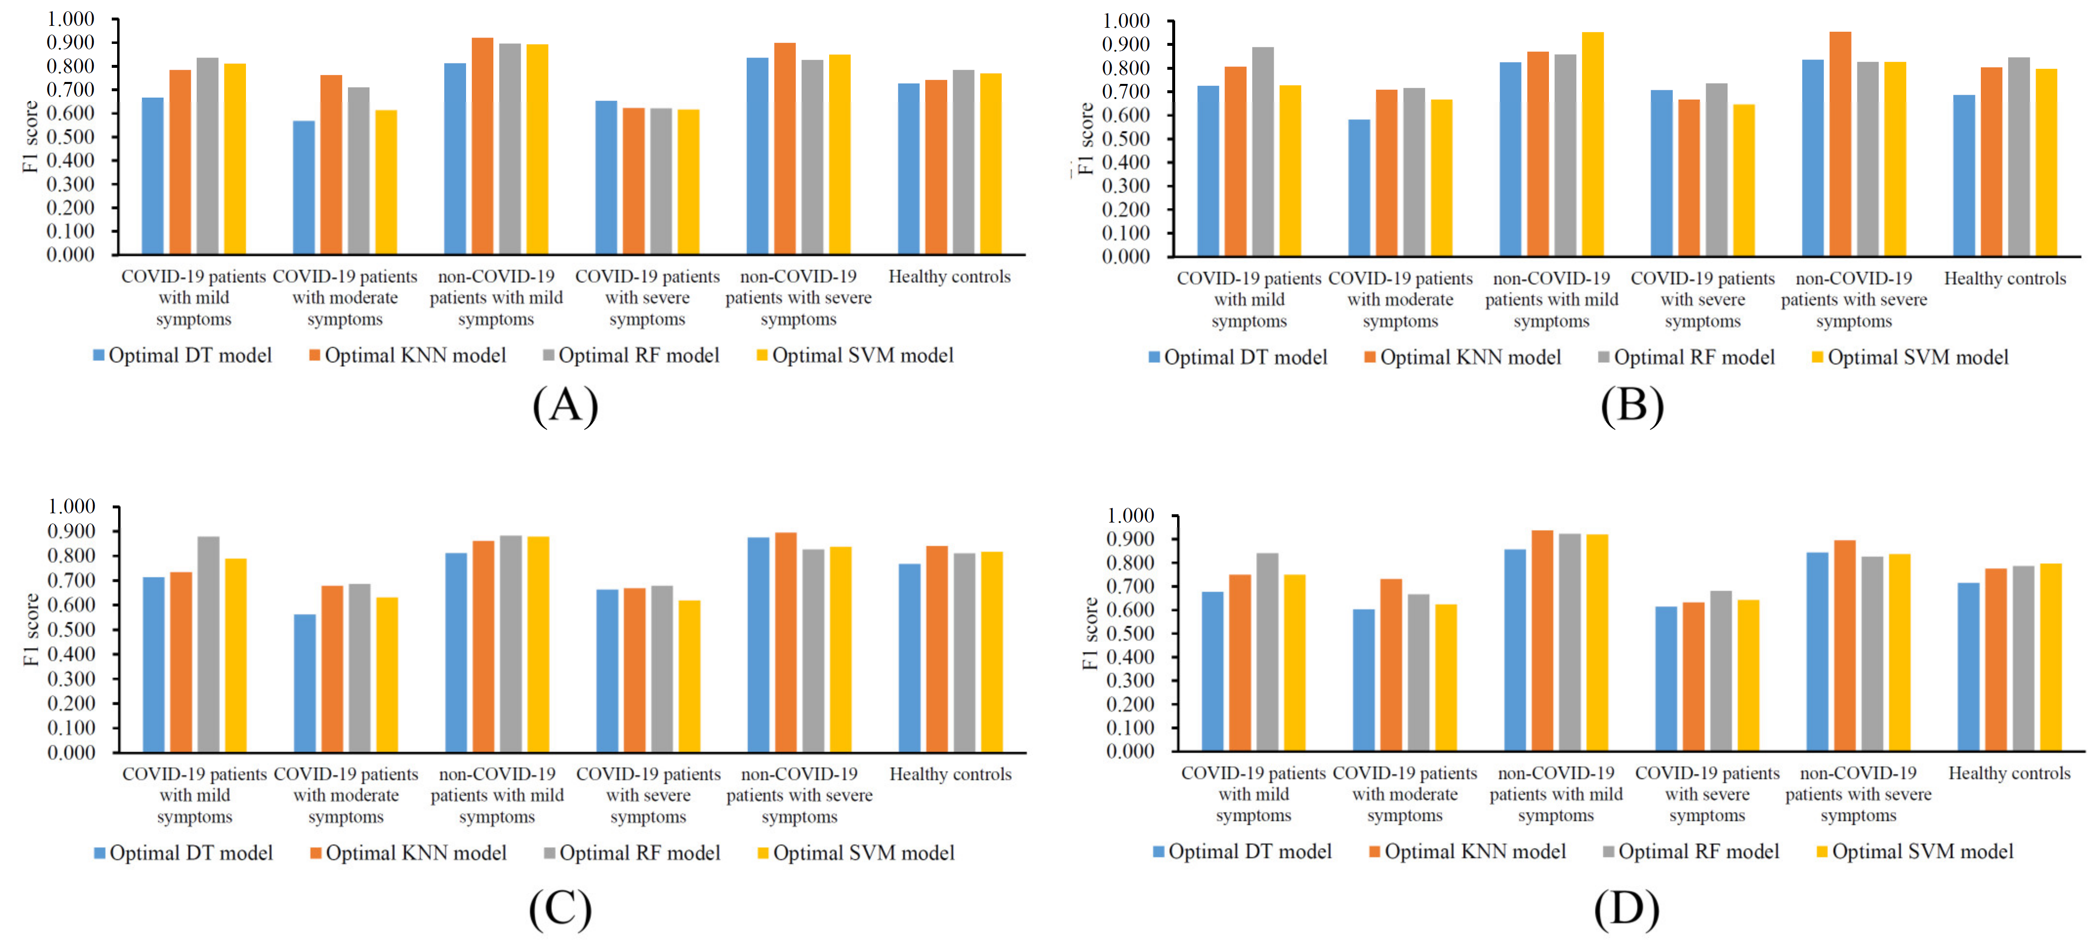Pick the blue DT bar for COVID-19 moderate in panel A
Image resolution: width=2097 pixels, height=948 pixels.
pos(304,187)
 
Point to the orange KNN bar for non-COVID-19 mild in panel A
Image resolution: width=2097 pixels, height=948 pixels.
pos(482,146)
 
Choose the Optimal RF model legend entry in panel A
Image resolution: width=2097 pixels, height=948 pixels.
pos(631,356)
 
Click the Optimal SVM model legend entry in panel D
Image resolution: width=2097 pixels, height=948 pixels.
pos(1914,852)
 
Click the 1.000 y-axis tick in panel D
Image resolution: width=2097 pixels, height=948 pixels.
pos(1130,516)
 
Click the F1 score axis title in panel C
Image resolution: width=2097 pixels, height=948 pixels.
pos(31,629)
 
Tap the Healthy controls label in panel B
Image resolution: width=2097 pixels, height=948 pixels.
pos(2004,278)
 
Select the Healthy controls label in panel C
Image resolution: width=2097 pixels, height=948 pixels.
pos(950,774)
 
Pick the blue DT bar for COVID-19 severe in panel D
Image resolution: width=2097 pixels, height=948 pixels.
pos(1666,679)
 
